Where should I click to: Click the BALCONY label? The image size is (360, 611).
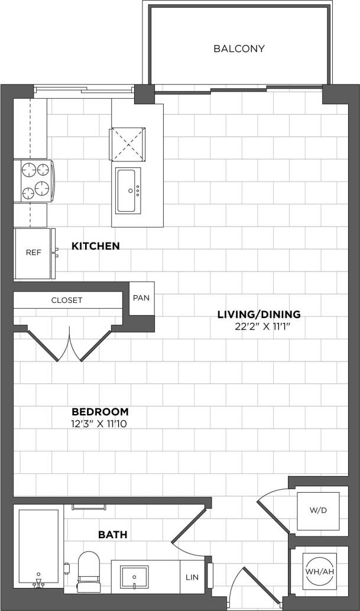(x=239, y=49)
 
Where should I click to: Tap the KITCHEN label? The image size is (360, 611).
(x=95, y=245)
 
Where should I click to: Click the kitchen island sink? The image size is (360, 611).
(x=128, y=190)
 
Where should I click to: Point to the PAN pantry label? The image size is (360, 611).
(x=141, y=298)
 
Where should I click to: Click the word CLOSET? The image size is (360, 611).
(x=67, y=300)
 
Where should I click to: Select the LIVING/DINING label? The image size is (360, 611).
(x=259, y=314)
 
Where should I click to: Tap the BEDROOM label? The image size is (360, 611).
(x=100, y=412)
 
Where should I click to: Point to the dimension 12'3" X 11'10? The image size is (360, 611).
(x=100, y=423)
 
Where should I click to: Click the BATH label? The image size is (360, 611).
(x=112, y=535)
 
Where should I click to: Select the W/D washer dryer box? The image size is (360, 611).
(x=318, y=509)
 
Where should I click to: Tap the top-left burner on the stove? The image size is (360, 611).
(x=30, y=170)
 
